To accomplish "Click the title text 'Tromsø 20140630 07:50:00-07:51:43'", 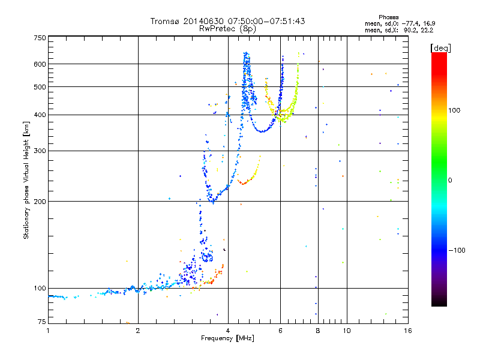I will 227,21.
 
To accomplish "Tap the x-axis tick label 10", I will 346,331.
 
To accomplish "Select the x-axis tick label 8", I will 318,331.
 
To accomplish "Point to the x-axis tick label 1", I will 48,331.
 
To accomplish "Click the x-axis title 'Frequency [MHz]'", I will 227,339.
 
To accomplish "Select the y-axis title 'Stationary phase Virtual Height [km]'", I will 26,180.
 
